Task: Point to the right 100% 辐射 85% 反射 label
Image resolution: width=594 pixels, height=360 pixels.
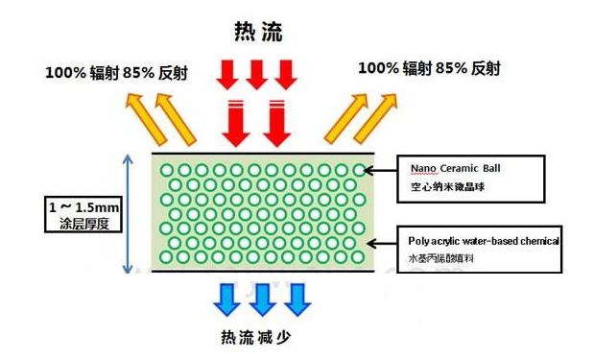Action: [429, 68]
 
